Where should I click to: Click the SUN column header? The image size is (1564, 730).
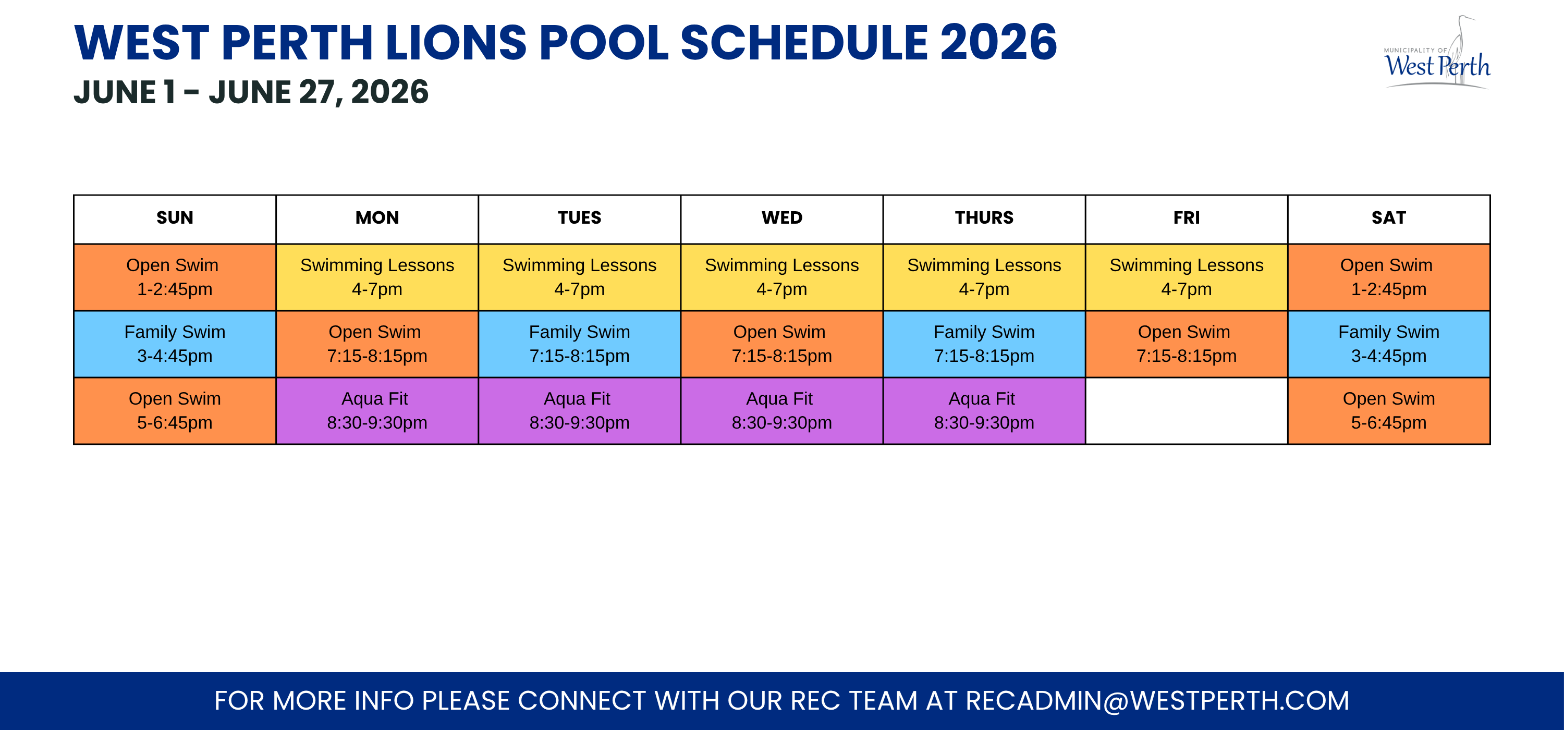click(175, 218)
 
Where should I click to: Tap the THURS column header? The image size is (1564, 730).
click(984, 218)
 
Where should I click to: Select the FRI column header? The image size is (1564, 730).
click(1187, 218)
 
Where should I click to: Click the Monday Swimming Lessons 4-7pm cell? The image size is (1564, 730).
click(377, 277)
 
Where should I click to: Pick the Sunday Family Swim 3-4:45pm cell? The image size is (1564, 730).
click(175, 344)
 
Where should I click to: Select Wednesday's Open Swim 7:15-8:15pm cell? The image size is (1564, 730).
click(782, 344)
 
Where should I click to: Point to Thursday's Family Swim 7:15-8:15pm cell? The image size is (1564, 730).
click(984, 344)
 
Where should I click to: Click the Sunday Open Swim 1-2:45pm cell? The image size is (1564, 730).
click(175, 277)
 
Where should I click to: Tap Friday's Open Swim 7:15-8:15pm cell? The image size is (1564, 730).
click(1187, 344)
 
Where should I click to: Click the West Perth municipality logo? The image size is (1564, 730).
click(1437, 53)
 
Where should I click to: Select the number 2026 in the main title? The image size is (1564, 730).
click(999, 43)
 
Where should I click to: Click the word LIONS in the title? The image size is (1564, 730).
click(455, 43)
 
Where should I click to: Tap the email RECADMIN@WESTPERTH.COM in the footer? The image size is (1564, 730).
click(1157, 701)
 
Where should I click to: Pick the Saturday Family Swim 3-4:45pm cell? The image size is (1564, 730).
click(1389, 344)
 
